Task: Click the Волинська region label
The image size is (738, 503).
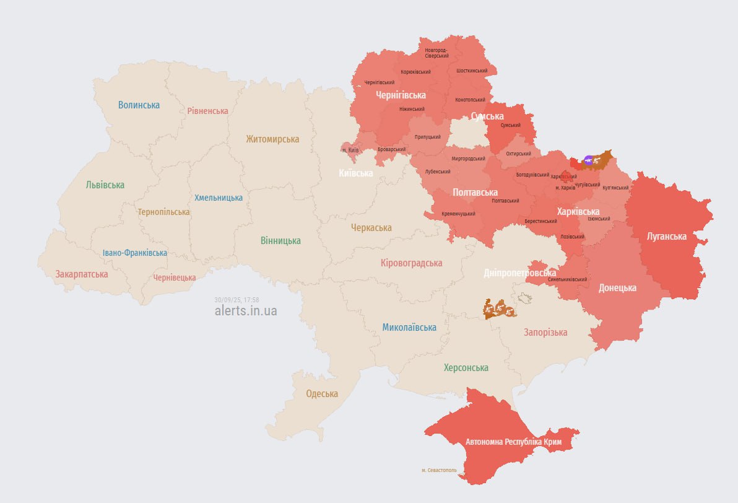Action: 139,105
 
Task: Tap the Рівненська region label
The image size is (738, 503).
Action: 207,111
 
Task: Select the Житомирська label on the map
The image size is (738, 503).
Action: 272,139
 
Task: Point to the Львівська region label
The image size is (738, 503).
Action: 105,185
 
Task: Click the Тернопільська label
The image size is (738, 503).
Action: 163,212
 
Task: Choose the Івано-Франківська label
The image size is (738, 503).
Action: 134,253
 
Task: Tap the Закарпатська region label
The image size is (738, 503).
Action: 82,274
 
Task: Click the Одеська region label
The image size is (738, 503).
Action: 322,393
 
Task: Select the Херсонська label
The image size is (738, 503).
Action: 466,367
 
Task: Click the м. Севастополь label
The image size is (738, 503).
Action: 439,470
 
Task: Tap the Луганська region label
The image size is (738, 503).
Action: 666,236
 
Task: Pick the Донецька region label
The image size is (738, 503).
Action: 617,287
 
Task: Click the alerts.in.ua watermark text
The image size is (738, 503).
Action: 245,311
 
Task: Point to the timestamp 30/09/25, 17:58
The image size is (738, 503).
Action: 237,300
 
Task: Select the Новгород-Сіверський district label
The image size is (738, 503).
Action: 436,53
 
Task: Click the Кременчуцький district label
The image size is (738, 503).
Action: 458,214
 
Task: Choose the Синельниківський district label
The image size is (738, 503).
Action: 567,279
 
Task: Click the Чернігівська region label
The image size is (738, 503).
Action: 401,95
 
